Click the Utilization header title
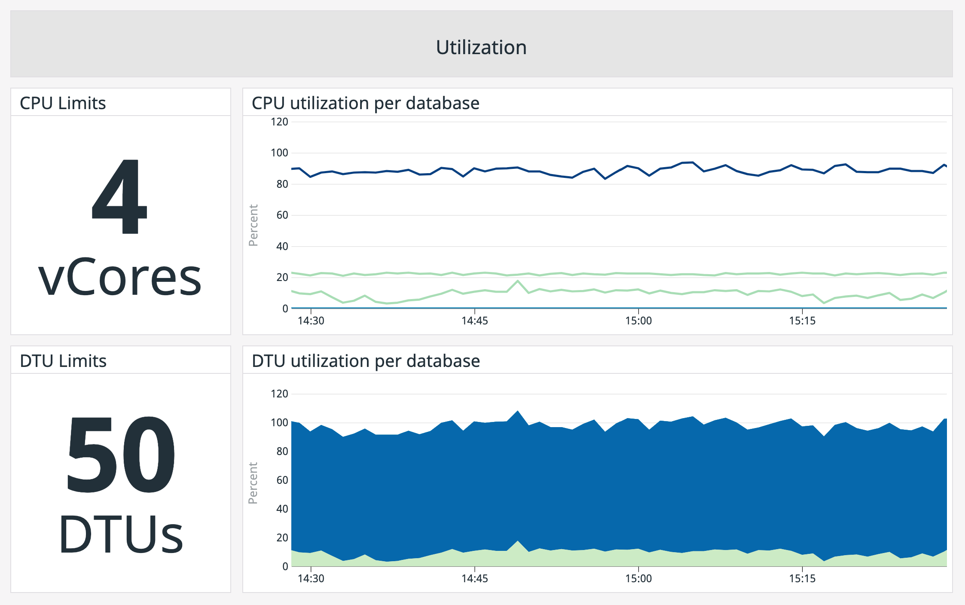point(481,47)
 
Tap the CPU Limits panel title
point(63,103)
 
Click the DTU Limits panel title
point(63,361)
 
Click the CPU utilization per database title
point(365,103)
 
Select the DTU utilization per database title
point(366,361)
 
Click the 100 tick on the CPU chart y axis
point(279,153)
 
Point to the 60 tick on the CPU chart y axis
point(282,215)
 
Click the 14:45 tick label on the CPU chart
point(475,321)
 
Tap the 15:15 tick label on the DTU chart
point(802,579)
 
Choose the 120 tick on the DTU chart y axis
point(279,394)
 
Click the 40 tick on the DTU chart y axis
point(282,509)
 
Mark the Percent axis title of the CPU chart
point(253,225)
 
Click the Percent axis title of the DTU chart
point(253,483)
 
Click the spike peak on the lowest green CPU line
point(518,281)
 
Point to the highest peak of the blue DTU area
point(518,411)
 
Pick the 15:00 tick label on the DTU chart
point(638,579)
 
